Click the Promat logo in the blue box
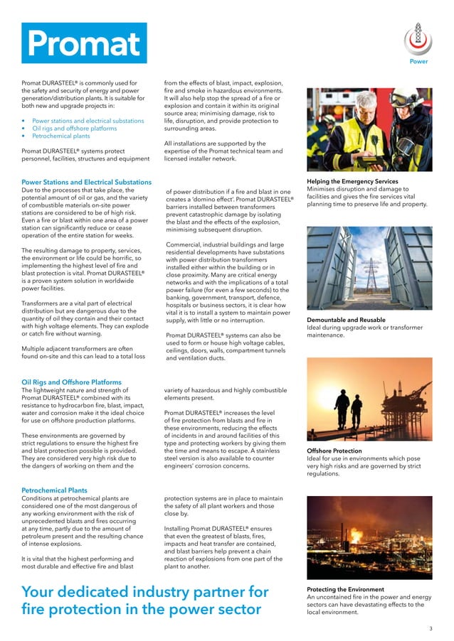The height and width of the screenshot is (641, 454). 85,43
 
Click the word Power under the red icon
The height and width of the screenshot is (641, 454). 418,61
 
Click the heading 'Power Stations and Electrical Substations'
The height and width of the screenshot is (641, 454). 87,183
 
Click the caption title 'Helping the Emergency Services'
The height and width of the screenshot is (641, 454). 352,182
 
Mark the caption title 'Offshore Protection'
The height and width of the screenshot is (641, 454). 334,451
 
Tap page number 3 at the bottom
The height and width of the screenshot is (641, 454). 431,629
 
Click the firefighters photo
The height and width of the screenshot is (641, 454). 369,129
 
